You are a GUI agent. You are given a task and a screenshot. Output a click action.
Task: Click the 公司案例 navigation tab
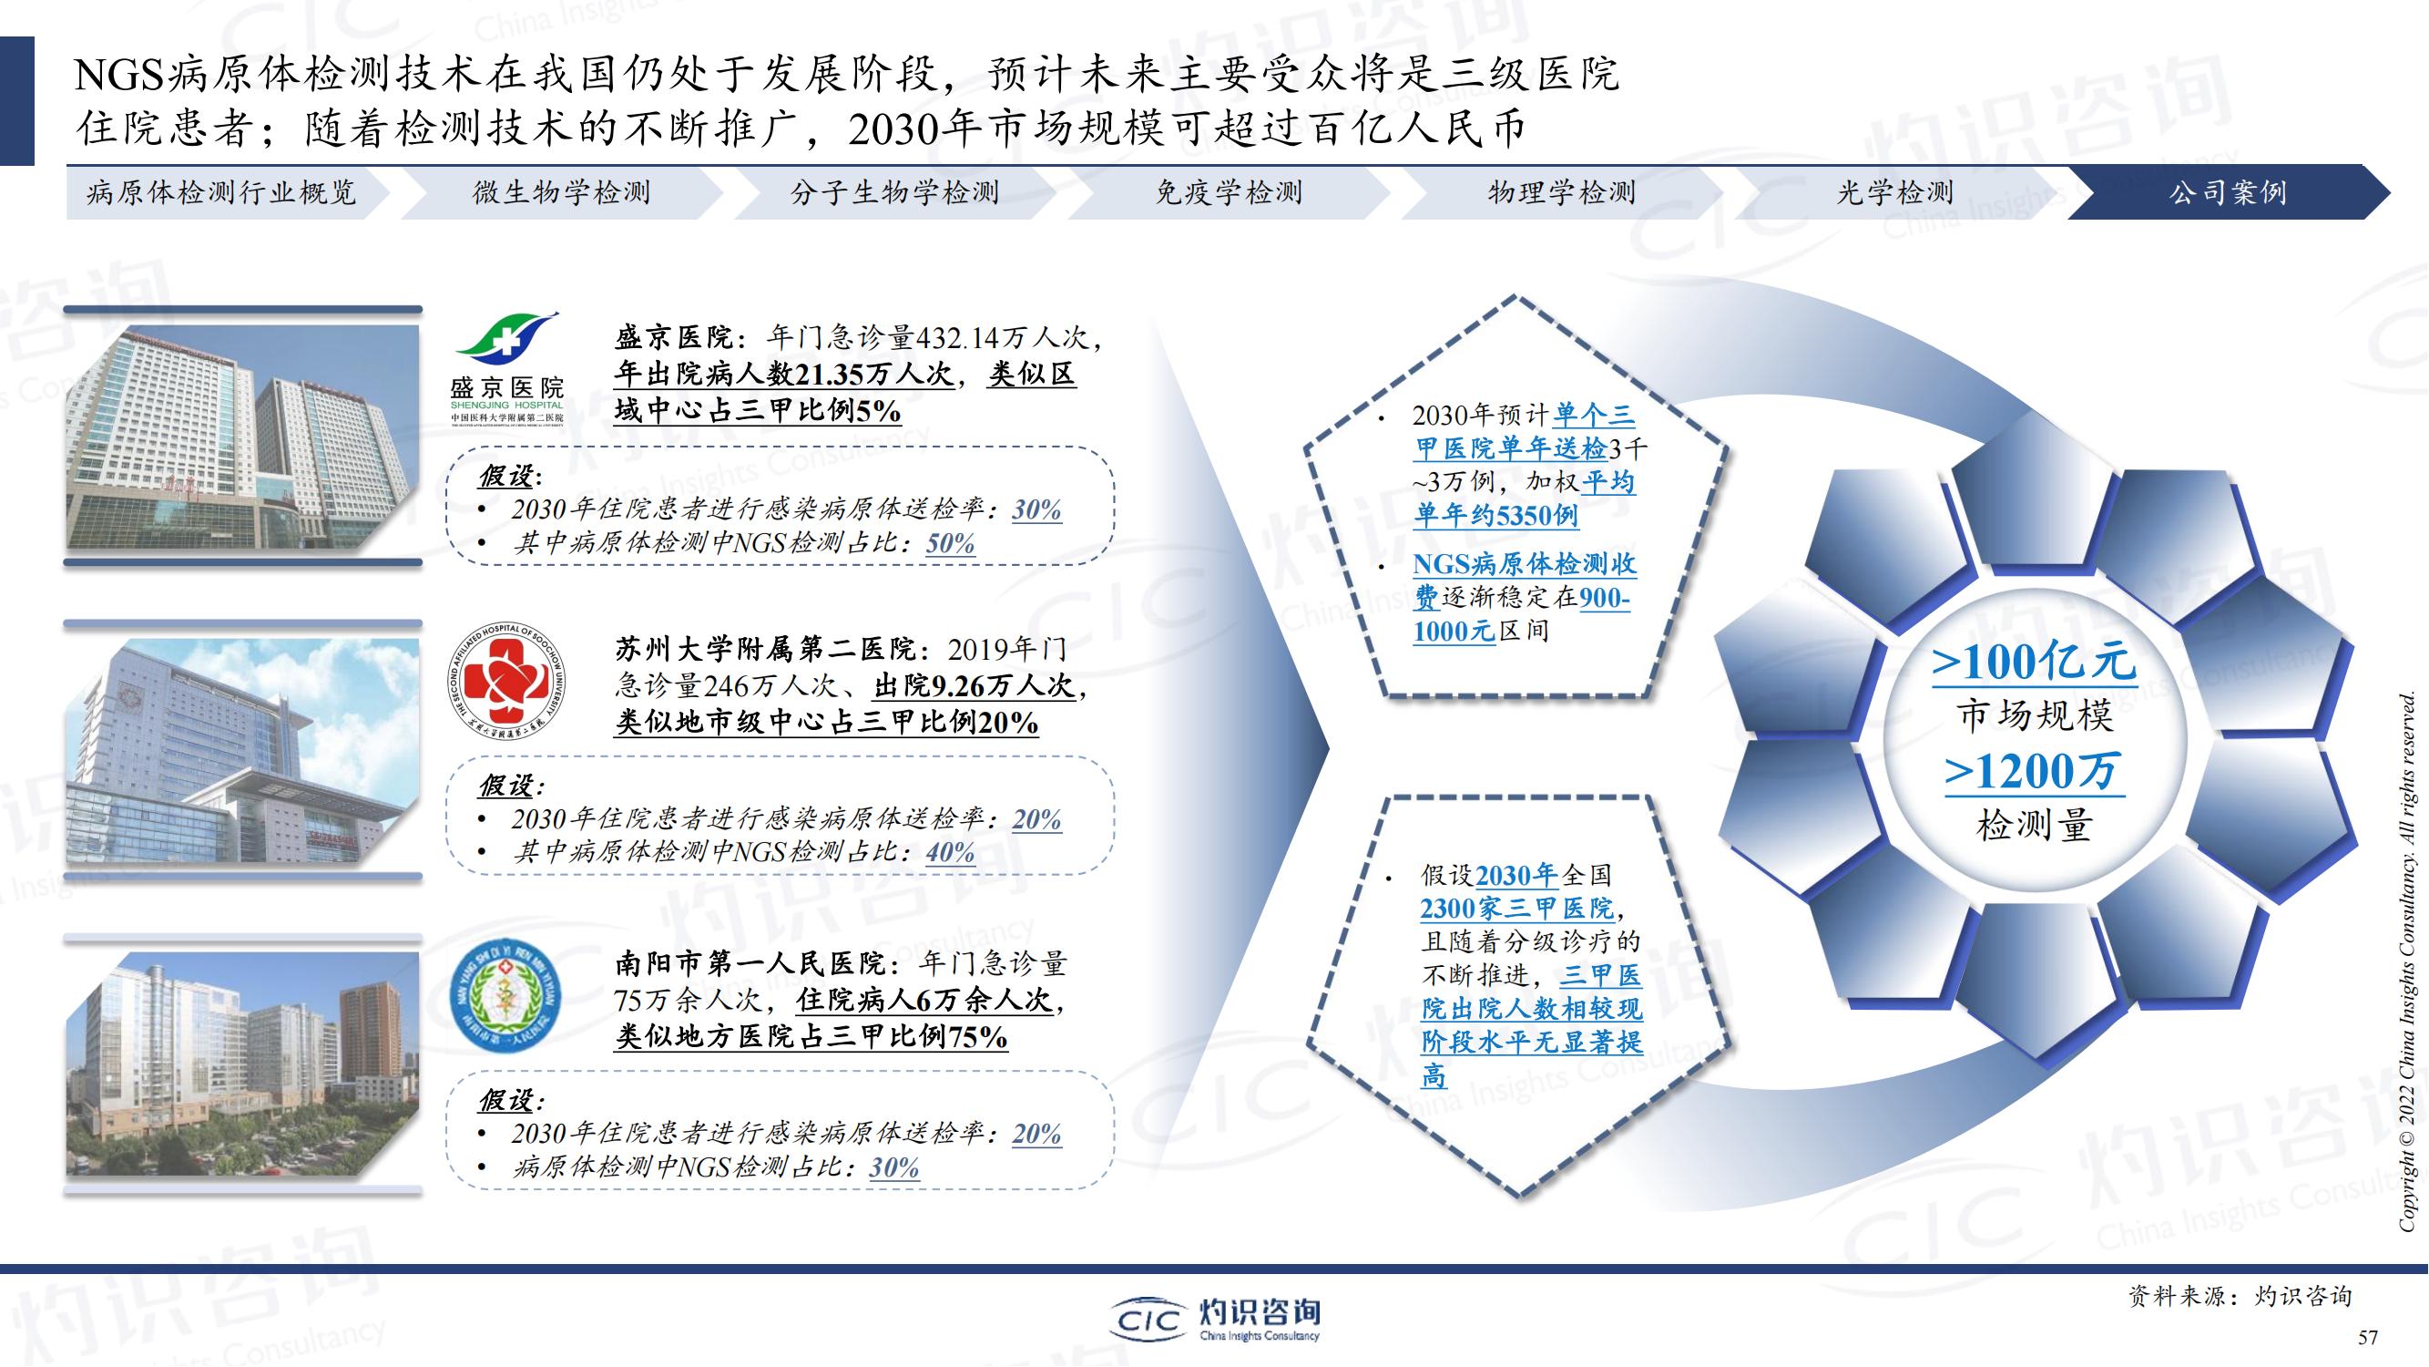(x=2227, y=192)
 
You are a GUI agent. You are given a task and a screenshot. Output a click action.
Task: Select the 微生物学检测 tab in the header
(x=562, y=192)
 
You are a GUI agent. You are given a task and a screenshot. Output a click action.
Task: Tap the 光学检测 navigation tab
(x=1895, y=192)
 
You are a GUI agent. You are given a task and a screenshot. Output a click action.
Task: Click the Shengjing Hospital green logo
(x=507, y=368)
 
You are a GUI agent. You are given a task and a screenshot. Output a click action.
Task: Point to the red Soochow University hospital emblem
(x=506, y=681)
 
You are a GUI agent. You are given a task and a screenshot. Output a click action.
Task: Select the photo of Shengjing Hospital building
(x=242, y=437)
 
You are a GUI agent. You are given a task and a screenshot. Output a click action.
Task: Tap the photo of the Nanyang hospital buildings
(x=242, y=1064)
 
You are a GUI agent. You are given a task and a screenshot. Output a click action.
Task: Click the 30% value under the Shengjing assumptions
(x=1037, y=509)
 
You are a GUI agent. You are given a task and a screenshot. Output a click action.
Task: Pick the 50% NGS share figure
(x=951, y=543)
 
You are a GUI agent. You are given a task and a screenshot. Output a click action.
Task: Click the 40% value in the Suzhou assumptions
(x=951, y=852)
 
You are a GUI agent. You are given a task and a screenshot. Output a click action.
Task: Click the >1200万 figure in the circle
(x=2034, y=771)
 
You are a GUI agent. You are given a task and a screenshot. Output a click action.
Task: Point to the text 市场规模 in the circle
(x=2034, y=715)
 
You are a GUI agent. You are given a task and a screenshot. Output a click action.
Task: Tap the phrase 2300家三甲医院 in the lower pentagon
(x=1517, y=909)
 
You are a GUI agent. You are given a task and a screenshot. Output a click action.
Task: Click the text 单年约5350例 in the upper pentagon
(x=1496, y=515)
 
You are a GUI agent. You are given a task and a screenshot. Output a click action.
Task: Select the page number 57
(x=2368, y=1337)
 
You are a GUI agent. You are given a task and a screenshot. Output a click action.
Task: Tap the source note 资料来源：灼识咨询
(x=2240, y=1296)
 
